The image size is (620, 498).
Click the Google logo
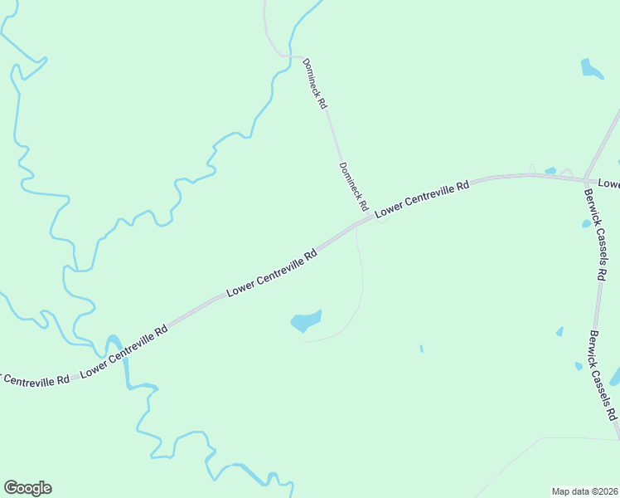coord(27,488)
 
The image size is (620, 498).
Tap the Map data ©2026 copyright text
coord(585,491)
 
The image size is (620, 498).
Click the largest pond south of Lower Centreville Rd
coord(305,321)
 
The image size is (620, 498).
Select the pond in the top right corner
coord(592,69)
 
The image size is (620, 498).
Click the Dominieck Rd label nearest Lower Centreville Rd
coord(354,185)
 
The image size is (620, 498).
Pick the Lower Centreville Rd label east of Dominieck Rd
coord(422,200)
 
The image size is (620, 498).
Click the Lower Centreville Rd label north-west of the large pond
coord(273,272)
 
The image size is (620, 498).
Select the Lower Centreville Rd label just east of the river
coord(124,352)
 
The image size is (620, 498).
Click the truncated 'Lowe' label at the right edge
coord(609,183)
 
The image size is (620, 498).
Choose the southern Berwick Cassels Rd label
coord(603,374)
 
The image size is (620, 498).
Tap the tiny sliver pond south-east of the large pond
coord(421,349)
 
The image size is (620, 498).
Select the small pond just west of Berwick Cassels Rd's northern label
coord(586,223)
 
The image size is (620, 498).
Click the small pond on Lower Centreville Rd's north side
coord(550,171)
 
